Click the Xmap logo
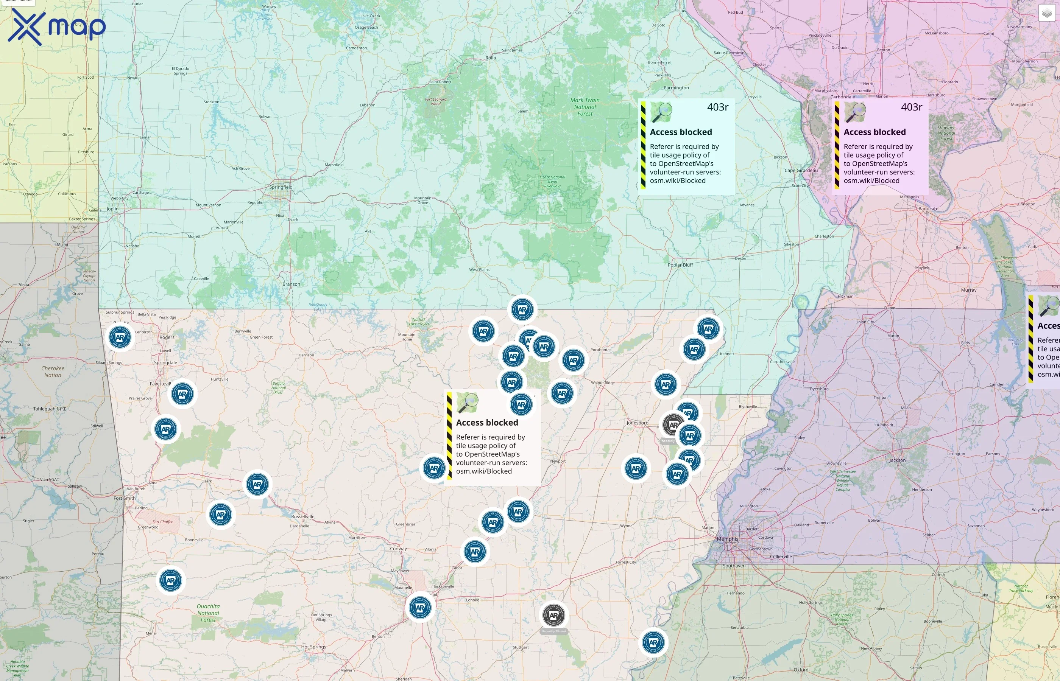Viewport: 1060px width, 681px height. coord(57,26)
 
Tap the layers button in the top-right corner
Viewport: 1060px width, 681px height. coord(1047,13)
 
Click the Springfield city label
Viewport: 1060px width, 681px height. coord(281,187)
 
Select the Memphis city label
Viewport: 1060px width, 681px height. coord(727,539)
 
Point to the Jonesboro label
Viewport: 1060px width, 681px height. coord(637,423)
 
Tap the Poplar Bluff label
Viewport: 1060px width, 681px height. coord(680,265)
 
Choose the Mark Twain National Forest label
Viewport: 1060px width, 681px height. coord(585,107)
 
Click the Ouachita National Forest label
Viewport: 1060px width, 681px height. coord(208,613)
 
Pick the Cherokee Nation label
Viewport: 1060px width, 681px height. coord(53,372)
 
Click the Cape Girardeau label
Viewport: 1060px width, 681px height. coord(801,170)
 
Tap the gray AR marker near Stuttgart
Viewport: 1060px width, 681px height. coord(553,615)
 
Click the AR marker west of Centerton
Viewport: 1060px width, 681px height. coord(120,337)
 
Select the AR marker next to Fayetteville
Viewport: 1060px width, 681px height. coord(182,393)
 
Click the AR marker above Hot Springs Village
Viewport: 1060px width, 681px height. coord(420,608)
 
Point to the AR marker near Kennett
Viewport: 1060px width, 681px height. coord(694,349)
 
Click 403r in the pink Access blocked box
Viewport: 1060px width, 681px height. coord(911,107)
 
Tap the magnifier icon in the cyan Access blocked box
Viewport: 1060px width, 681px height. coord(662,112)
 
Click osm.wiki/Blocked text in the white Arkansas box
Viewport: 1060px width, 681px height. coord(483,471)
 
